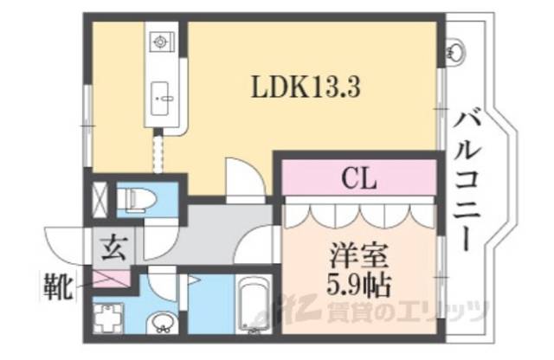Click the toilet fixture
pyautogui.click(x=137, y=200)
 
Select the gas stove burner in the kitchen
pyautogui.click(x=162, y=42)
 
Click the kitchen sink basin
pyautogui.click(x=162, y=95)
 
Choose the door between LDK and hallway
pyautogui.click(x=242, y=179)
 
